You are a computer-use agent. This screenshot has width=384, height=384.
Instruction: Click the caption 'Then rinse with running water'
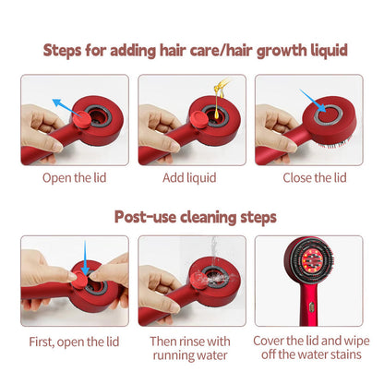click(x=192, y=348)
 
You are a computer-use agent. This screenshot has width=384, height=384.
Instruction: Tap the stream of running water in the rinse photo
click(x=194, y=257)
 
